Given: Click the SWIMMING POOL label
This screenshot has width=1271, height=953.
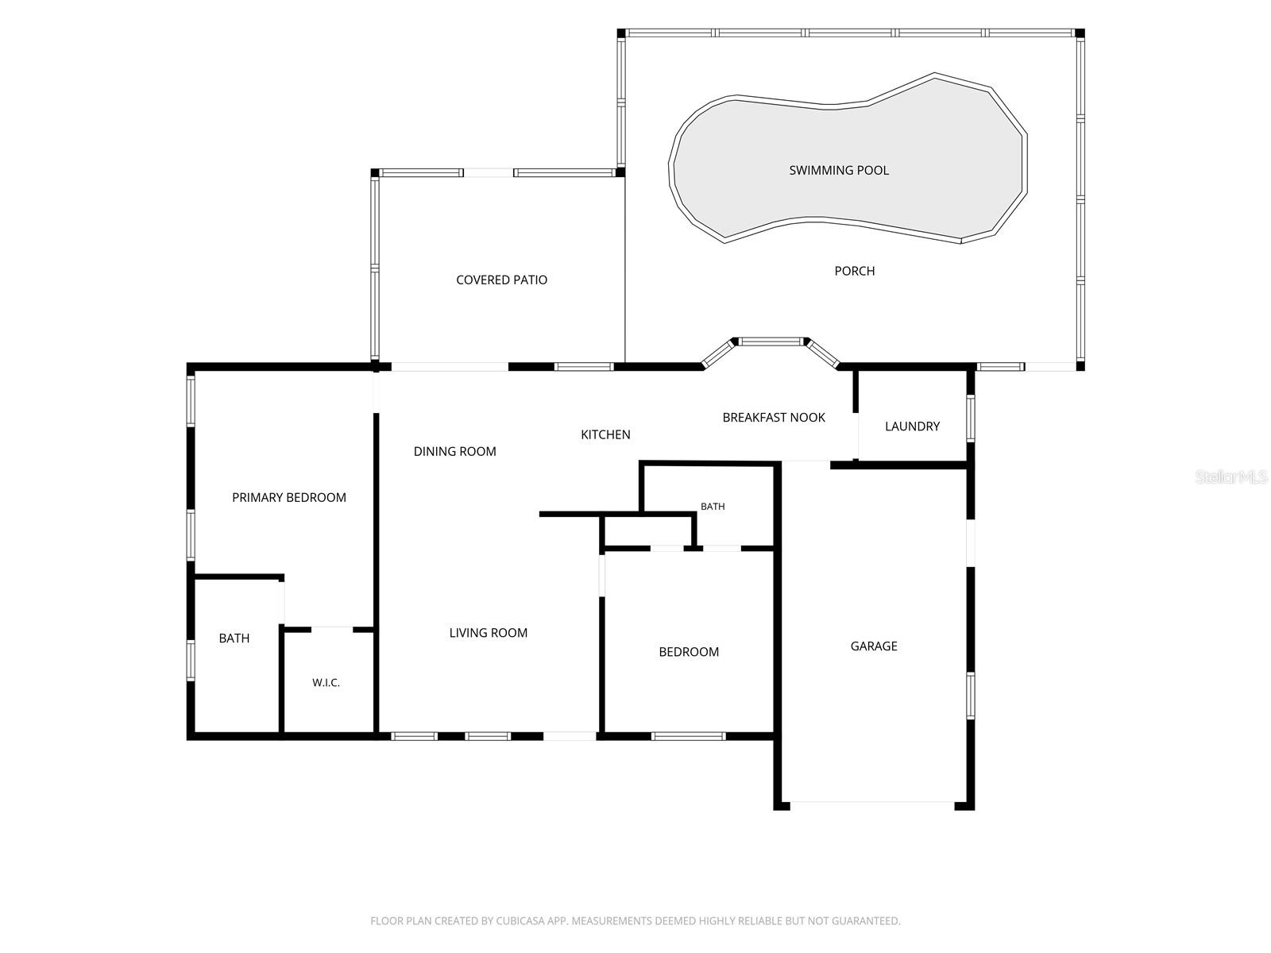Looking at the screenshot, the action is coord(838,170).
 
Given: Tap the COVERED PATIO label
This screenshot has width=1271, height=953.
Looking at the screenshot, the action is coord(501,280).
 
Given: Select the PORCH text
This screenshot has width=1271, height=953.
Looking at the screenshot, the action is coord(854,271).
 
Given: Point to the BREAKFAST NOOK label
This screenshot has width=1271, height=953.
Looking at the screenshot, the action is coord(774,417).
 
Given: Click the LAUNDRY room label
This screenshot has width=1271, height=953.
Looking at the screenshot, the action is coord(912,426).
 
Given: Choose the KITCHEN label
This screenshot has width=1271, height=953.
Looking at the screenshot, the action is coord(605,434).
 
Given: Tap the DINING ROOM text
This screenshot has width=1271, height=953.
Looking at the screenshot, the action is coord(454,451).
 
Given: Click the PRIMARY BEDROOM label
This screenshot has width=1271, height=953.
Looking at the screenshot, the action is coord(289,498).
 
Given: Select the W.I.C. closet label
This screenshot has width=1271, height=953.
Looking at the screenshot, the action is coord(326,683).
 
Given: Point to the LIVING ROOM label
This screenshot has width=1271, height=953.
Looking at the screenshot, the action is coord(488,633).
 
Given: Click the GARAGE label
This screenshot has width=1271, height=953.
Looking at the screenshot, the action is coord(874,646).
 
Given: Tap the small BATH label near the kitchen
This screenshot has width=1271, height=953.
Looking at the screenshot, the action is coord(713,507).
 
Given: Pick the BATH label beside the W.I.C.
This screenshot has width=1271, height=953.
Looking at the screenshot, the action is coord(234,639).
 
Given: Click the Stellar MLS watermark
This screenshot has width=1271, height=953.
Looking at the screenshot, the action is coord(1231,476).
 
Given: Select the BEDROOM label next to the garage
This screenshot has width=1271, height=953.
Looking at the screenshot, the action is coord(689,652).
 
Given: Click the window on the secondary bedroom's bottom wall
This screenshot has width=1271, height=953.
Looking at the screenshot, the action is coord(688,737).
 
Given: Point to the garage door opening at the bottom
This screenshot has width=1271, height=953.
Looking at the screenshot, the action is coord(872,802).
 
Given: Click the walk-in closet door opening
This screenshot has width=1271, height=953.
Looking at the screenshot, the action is coord(332,629).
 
